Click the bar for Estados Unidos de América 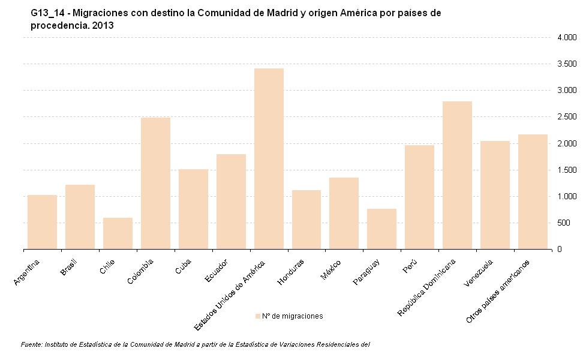[269, 159]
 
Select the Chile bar [118, 233]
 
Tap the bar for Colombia [155, 183]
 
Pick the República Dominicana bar [457, 175]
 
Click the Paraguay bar [381, 229]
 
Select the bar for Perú [419, 197]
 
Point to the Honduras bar [306, 220]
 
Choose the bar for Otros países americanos [533, 191]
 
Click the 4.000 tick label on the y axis [566, 37]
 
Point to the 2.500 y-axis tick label [566, 117]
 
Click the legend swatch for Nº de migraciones [258, 316]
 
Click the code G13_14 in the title [47, 13]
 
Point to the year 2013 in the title [103, 26]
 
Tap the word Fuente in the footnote [31, 345]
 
